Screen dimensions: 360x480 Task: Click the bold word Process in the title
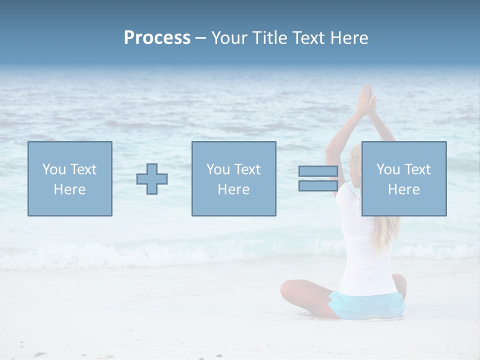(157, 38)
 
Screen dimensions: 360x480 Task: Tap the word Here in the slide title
(349, 38)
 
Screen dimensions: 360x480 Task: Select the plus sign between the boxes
(152, 179)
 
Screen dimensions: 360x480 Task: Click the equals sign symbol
(318, 178)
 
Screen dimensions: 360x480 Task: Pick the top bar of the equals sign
(318, 171)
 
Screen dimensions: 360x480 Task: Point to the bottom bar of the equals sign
(318, 185)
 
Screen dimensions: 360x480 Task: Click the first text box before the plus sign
(70, 178)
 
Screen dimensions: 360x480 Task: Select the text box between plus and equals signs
(233, 178)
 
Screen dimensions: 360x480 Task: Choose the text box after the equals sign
(403, 178)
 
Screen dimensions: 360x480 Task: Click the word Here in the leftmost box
(70, 189)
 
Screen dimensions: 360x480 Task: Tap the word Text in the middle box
(247, 169)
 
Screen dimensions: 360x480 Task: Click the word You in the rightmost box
(388, 169)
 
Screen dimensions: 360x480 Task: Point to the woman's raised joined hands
(366, 100)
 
